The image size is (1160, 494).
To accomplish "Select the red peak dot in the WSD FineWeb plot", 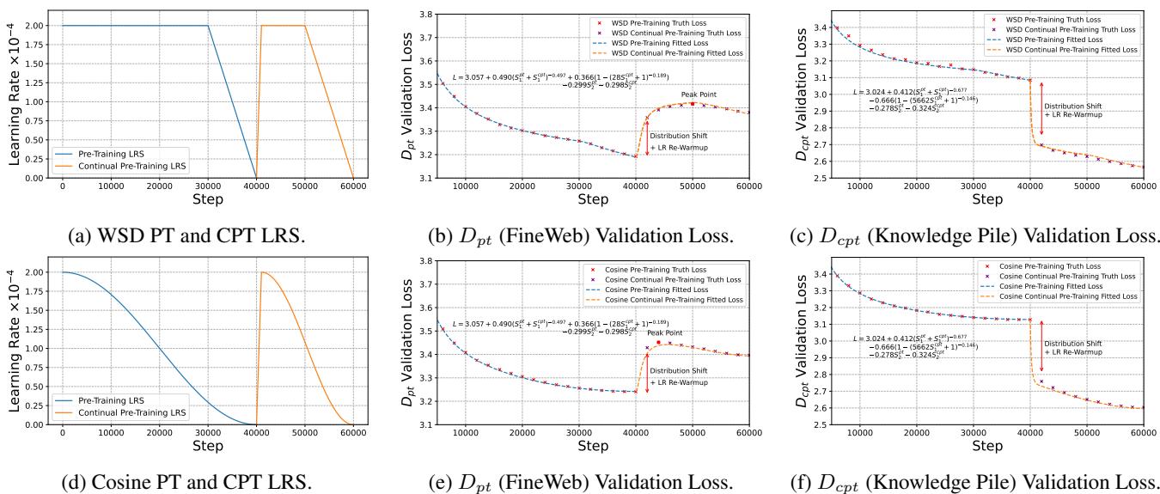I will point(693,104).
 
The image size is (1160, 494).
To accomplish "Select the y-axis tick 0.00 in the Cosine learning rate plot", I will point(36,424).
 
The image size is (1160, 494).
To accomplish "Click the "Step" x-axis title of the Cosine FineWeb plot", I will point(593,447).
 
